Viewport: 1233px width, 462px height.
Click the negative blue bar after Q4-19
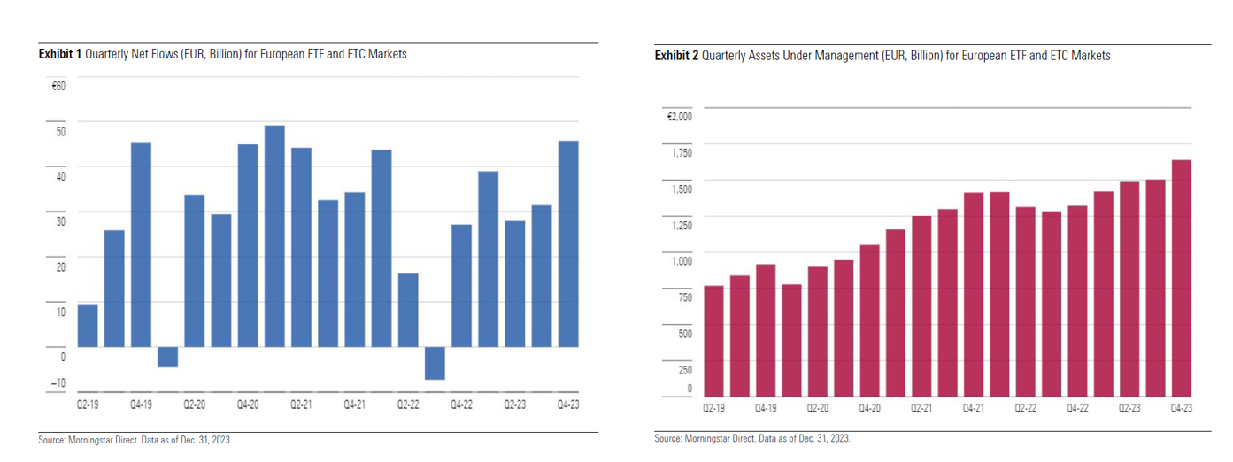[167, 357]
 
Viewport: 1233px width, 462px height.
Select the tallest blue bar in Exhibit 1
[274, 235]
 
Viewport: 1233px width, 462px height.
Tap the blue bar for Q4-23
[567, 243]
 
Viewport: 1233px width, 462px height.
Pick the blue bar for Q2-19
[88, 326]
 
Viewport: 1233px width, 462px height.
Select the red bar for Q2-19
[713, 341]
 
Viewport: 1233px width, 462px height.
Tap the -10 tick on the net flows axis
[58, 383]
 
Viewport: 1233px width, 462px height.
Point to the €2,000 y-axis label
[679, 116]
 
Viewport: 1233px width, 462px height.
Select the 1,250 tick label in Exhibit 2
[680, 225]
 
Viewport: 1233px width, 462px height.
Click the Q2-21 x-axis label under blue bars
[301, 404]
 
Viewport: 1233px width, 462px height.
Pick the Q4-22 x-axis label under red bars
[1077, 409]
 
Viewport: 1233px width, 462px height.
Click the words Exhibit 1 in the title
[59, 55]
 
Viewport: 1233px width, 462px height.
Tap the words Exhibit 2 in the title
[676, 56]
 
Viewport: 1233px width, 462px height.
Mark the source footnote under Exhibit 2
[753, 439]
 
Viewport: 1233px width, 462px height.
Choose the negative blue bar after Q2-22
[434, 363]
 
